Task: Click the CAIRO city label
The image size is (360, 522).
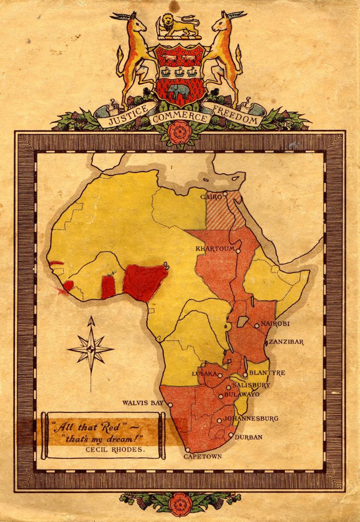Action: [x=211, y=197]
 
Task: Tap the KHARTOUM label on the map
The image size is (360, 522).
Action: [x=215, y=249]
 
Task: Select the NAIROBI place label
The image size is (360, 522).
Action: [x=275, y=324]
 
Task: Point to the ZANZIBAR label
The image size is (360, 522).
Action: [x=286, y=342]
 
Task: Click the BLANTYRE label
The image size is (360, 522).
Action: [x=266, y=373]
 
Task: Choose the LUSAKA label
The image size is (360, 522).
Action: [x=203, y=374]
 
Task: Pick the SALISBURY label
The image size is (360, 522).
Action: [x=251, y=385]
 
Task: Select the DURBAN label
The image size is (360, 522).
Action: [x=248, y=437]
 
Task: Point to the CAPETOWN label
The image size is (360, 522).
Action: [x=202, y=456]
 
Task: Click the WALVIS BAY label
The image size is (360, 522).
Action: [x=143, y=403]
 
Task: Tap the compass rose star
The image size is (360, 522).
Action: [x=91, y=348]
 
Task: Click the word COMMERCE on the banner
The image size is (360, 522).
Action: [x=179, y=118]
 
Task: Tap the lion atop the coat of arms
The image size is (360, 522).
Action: [x=179, y=25]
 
